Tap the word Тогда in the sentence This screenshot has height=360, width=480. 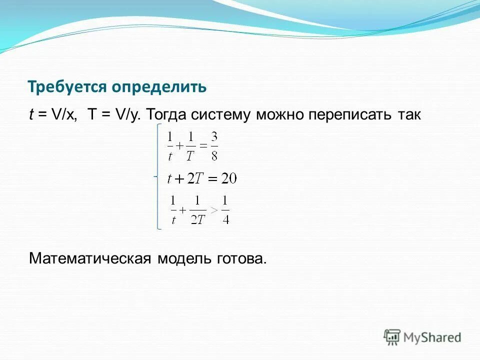click(167, 115)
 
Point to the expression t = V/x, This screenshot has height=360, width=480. click(53, 115)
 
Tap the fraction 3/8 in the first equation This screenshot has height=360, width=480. click(214, 145)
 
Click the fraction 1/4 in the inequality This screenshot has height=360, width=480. click(225, 210)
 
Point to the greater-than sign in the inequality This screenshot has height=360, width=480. click(213, 210)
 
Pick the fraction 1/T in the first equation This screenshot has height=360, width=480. click(190, 145)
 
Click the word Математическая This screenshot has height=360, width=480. click(89, 259)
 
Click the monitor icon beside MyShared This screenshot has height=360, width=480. click(392, 337)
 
